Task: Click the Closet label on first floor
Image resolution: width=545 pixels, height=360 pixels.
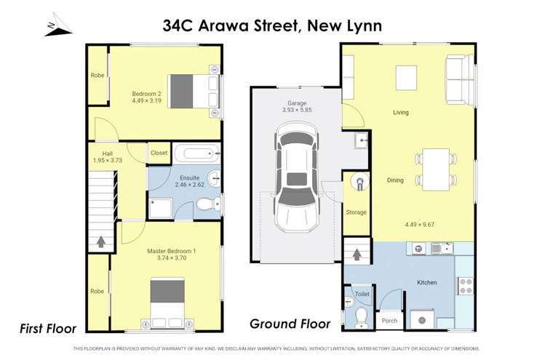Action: click(x=159, y=153)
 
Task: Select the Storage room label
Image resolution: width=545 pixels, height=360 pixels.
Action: click(x=356, y=212)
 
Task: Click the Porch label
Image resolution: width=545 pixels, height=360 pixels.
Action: click(x=389, y=320)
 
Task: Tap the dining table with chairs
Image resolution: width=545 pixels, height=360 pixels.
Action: click(x=437, y=169)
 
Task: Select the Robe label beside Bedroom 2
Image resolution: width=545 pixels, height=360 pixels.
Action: click(x=97, y=76)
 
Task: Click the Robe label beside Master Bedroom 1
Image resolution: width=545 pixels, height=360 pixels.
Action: click(x=97, y=291)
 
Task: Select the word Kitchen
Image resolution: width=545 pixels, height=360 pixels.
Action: click(x=426, y=281)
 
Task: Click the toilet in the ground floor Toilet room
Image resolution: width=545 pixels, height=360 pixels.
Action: click(x=361, y=315)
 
